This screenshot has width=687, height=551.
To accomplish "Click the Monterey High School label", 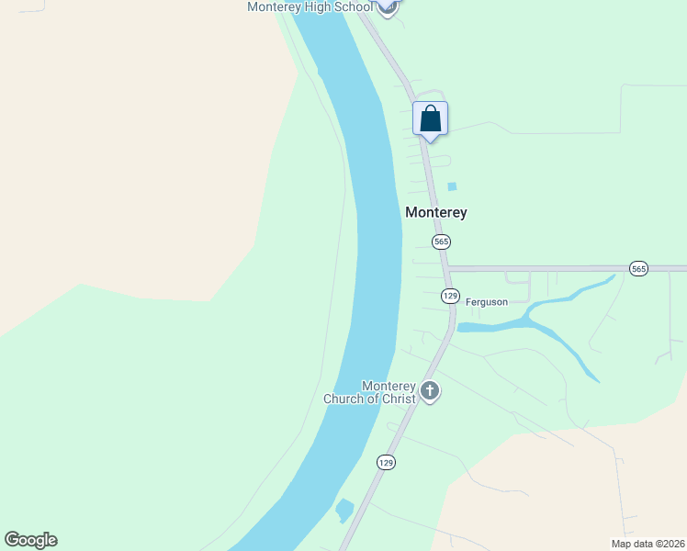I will click(x=310, y=7).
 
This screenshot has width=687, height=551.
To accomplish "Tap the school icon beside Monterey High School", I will click(x=388, y=6).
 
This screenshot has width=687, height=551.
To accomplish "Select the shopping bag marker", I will click(x=430, y=119).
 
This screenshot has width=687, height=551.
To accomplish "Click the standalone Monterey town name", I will click(x=436, y=212).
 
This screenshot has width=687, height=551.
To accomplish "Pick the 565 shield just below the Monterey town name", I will click(x=442, y=242).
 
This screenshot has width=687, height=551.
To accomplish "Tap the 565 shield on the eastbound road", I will click(x=638, y=268).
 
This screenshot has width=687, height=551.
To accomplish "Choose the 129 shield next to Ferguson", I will click(x=449, y=296).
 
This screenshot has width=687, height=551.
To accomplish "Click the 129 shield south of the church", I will click(x=386, y=463).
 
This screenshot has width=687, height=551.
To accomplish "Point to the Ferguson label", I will click(x=487, y=302).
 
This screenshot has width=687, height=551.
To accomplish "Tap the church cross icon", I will click(x=429, y=392).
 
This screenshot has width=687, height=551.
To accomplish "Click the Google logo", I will click(x=30, y=540).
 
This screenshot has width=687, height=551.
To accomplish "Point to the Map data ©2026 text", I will click(x=647, y=544).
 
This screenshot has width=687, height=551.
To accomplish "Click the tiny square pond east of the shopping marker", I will click(x=452, y=186).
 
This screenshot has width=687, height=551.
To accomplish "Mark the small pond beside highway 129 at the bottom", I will click(x=345, y=509).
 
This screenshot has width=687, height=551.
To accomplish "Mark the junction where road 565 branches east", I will click(x=447, y=269).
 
